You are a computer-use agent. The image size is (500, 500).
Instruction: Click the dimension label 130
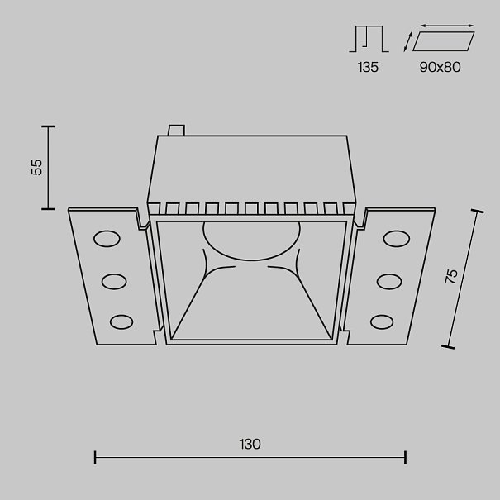pyautogui.click(x=250, y=444)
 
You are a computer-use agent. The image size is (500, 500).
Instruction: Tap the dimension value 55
pyautogui.click(x=36, y=167)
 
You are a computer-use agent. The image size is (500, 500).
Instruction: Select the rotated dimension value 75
pyautogui.click(x=451, y=276)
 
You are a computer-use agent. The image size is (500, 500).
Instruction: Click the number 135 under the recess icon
pyautogui.click(x=368, y=67)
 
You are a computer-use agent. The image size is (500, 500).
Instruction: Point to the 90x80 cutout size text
pyautogui.click(x=440, y=67)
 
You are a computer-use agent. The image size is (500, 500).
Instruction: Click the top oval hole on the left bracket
pyautogui.click(x=107, y=239)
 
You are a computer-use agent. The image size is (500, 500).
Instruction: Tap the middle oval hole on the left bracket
pyautogui.click(x=114, y=282)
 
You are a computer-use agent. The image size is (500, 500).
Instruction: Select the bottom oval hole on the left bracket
pyautogui.click(x=121, y=322)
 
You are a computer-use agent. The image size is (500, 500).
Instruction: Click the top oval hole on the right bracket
pyautogui.click(x=397, y=239)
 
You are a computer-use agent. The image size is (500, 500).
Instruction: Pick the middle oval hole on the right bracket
pyautogui.click(x=389, y=282)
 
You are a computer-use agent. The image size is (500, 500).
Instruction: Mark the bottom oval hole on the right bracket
pyautogui.click(x=382, y=322)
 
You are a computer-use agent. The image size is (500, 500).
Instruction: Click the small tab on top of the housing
pyautogui.click(x=176, y=130)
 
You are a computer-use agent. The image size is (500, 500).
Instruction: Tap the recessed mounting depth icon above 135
pyautogui.click(x=369, y=39)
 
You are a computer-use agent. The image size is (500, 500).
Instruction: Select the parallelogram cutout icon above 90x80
pyautogui.click(x=444, y=41)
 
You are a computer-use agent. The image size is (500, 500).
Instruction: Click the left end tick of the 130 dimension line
pyautogui.click(x=95, y=457)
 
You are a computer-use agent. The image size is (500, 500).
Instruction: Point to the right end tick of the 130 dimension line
pyautogui.click(x=405, y=457)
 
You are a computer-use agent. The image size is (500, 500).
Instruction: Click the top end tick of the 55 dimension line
pyautogui.click(x=48, y=126)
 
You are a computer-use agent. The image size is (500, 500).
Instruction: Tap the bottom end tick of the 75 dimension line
pyautogui.click(x=448, y=347)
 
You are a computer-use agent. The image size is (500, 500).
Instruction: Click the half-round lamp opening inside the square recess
pyautogui.click(x=251, y=240)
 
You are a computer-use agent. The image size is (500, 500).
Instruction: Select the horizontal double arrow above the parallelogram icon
pyautogui.click(x=447, y=26)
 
